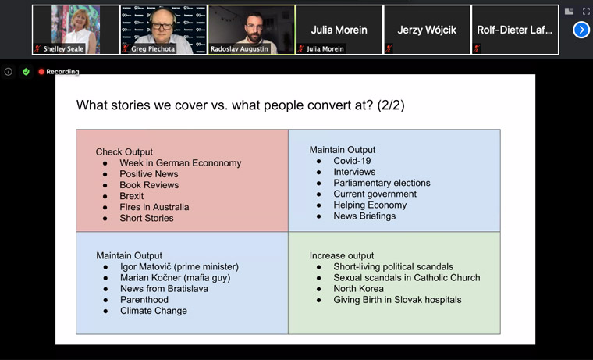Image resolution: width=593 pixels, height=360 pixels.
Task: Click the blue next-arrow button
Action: click(581, 30)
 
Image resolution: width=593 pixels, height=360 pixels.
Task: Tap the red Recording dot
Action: click(41, 72)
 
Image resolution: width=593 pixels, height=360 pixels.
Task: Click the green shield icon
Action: click(26, 72)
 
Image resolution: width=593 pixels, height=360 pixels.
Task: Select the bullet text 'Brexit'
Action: click(132, 196)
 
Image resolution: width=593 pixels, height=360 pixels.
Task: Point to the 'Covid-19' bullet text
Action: click(352, 161)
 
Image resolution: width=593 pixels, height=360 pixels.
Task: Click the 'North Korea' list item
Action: click(358, 289)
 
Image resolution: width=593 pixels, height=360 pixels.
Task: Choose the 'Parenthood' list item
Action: click(144, 300)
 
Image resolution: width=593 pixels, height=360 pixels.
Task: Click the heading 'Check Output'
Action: click(124, 152)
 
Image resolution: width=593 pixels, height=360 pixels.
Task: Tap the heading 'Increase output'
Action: click(342, 256)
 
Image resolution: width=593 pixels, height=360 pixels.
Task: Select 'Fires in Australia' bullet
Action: click(154, 207)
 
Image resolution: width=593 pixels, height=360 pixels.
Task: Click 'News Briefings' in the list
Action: click(364, 216)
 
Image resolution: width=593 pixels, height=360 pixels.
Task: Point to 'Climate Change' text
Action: click(154, 311)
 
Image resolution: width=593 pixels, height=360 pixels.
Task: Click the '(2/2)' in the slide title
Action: click(391, 105)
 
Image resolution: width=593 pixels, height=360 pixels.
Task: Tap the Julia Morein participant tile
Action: click(339, 30)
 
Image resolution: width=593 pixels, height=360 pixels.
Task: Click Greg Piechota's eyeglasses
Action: click(162, 26)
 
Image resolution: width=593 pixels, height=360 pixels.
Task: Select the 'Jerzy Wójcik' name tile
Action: click(427, 30)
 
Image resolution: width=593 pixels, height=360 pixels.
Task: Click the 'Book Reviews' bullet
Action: click(149, 185)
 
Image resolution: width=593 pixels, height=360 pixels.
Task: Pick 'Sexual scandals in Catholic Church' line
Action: click(407, 278)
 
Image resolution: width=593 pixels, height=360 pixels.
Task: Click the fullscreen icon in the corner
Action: click(586, 12)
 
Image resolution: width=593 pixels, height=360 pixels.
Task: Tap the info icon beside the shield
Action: click(9, 72)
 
